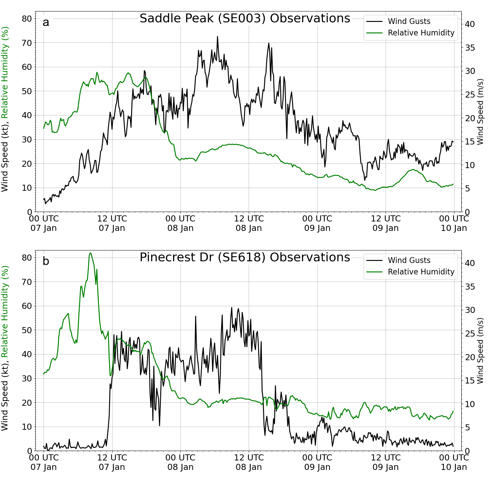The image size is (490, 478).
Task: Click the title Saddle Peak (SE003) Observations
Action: click(245, 18)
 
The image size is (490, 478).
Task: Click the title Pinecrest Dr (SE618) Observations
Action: click(245, 257)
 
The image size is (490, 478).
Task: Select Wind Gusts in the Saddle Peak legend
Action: click(409, 21)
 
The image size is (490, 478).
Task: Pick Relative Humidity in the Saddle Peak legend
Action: click(421, 33)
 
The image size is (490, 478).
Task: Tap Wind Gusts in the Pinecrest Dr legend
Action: click(409, 260)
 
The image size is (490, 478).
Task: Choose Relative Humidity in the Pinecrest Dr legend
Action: click(421, 272)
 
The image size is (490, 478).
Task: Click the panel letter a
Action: click(46, 22)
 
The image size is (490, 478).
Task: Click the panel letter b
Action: click(46, 261)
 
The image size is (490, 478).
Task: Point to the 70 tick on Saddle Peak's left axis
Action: click(27, 43)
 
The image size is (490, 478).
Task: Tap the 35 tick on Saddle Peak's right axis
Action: click(470, 48)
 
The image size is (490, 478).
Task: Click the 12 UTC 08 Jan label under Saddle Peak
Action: click(249, 223)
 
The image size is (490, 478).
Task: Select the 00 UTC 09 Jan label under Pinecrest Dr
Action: click(317, 462)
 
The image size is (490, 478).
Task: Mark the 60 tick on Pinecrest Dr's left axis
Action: click(27, 306)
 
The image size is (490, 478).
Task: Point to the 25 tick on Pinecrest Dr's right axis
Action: click(470, 334)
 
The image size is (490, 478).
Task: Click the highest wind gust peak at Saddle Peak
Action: click(217, 36)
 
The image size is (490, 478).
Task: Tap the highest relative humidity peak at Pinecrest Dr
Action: click(90, 253)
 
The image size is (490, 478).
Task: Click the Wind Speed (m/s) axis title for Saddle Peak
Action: click(480, 112)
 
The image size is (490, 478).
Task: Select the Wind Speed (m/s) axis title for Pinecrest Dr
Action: click(480, 351)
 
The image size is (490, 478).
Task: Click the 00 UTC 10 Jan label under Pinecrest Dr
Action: click(454, 462)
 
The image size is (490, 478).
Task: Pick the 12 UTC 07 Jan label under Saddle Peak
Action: click(112, 223)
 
